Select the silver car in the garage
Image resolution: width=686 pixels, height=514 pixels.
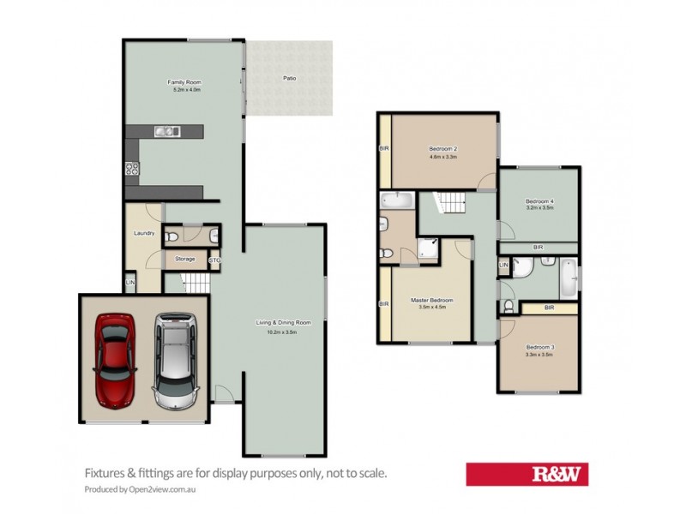coord(175,360)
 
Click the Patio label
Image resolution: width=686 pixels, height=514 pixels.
coord(291,79)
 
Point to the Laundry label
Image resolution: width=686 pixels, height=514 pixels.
coord(143,233)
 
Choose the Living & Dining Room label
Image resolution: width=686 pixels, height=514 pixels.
coord(283,322)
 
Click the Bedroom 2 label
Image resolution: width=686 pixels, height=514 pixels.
coord(442,148)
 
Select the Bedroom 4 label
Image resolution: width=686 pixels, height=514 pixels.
coord(539,201)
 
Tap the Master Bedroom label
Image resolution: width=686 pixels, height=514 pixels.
coord(431,300)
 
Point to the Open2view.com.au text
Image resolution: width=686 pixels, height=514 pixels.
coord(165,489)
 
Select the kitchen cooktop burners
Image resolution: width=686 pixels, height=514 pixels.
coord(132,169)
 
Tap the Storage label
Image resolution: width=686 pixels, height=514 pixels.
coord(184,259)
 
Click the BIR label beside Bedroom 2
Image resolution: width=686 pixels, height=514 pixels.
coord(384,149)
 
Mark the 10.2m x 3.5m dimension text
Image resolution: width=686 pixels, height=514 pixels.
coord(283,330)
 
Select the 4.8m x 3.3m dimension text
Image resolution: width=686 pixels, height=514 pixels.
coord(442,157)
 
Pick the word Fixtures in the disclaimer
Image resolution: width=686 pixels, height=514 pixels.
coord(106,472)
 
